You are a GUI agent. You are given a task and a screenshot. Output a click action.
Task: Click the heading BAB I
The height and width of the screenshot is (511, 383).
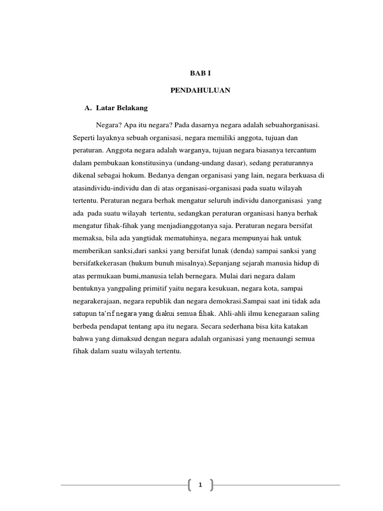[x=199, y=73]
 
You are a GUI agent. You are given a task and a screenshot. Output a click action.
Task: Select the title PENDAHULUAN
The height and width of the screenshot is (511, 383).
[x=199, y=92]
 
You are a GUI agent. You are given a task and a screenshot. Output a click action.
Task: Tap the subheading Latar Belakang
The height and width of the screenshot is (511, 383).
[x=125, y=107]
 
